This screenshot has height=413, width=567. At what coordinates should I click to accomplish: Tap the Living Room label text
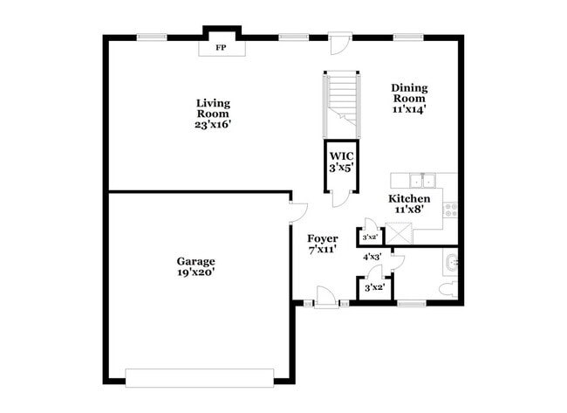[x=212, y=108]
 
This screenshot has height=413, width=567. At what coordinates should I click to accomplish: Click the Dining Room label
[x=408, y=93]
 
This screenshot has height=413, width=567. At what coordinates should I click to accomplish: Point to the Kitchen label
[x=408, y=198]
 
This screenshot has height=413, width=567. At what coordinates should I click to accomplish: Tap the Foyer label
[x=324, y=237]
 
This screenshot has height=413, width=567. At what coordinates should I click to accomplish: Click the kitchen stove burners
[x=451, y=210]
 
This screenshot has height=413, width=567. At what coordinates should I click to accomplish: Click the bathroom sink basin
[x=451, y=261]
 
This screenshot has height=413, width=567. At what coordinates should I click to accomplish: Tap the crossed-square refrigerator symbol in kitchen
[x=402, y=231]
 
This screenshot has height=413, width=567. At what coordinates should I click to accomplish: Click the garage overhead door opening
[x=200, y=377]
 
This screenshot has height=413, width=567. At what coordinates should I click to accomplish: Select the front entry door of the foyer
[x=324, y=298]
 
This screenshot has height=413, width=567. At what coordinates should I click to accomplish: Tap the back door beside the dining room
[x=339, y=41]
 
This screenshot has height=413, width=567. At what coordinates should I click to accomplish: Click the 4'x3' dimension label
[x=371, y=257]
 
